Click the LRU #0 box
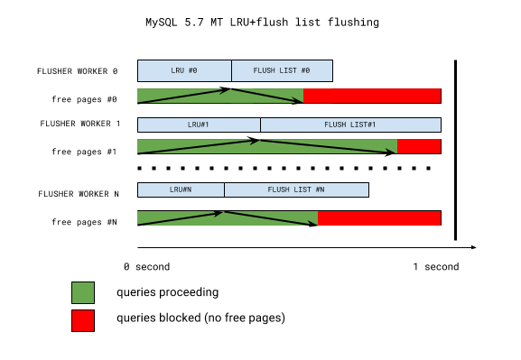pyautogui.click(x=184, y=70)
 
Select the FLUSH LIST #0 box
pyautogui.click(x=282, y=70)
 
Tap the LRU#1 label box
pyautogui.click(x=199, y=125)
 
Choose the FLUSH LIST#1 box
pyautogui.click(x=350, y=125)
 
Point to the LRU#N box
pyautogui.click(x=181, y=189)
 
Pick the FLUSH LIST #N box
pyautogui.click(x=296, y=189)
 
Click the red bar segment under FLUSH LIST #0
pyautogui.click(x=372, y=96)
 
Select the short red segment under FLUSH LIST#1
pyautogui.click(x=419, y=146)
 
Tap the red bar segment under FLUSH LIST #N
pyautogui.click(x=379, y=218)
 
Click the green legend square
pyautogui.click(x=83, y=292)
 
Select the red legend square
pyautogui.click(x=83, y=320)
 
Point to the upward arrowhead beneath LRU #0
pyautogui.click(x=227, y=90)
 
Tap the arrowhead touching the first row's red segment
pyautogui.click(x=299, y=100)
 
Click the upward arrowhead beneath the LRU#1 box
pyautogui.click(x=256, y=141)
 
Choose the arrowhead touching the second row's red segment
pyautogui.click(x=392, y=152)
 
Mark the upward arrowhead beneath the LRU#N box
pyautogui.click(x=219, y=213)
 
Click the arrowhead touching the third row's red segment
pyautogui.click(x=313, y=223)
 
